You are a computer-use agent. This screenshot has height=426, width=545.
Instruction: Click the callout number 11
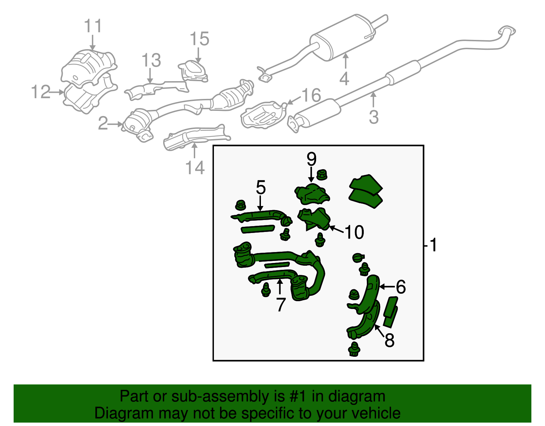(93, 26)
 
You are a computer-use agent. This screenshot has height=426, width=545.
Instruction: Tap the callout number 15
(199, 39)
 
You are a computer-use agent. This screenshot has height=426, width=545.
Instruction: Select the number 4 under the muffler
(344, 79)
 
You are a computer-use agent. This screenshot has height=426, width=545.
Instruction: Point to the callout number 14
(195, 168)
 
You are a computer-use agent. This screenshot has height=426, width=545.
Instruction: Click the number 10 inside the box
(354, 233)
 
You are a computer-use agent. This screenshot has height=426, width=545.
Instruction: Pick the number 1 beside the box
(433, 245)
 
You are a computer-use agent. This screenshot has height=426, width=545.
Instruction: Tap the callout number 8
(390, 340)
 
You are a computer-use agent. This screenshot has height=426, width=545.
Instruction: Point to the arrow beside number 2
(116, 124)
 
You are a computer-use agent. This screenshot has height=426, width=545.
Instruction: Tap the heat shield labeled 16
(262, 115)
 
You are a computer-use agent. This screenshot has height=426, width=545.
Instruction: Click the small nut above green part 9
(322, 175)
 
